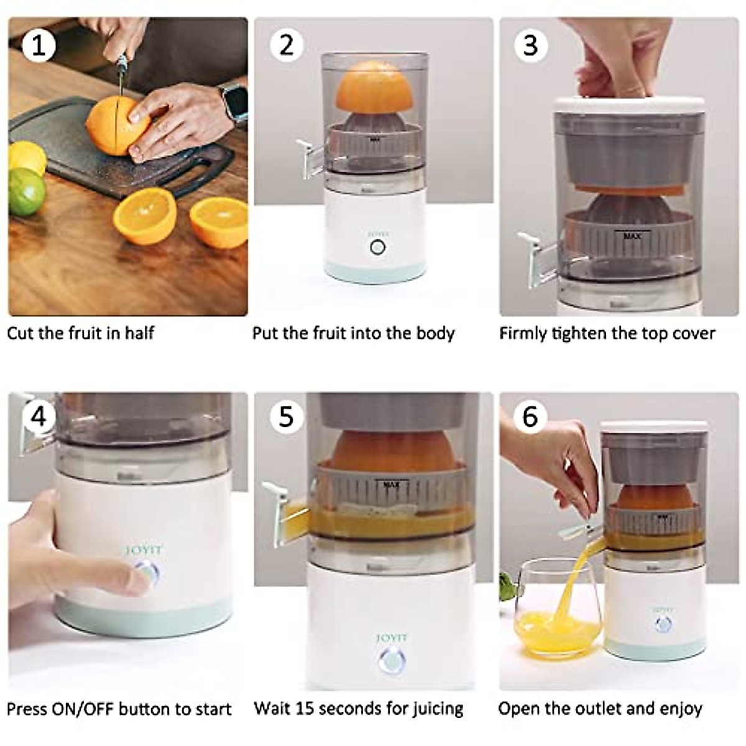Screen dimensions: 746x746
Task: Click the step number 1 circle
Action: [x=39, y=45]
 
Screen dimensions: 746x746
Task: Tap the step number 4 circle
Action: [x=39, y=416]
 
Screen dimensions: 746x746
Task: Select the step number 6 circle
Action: [x=530, y=416]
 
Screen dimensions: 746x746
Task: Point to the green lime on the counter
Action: [x=25, y=191]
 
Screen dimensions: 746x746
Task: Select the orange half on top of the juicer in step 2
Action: [x=375, y=86]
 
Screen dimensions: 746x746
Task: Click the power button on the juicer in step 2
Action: [x=377, y=247]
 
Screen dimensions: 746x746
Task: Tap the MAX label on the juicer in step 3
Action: [x=632, y=236]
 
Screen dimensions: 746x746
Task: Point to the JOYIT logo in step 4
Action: [x=144, y=550]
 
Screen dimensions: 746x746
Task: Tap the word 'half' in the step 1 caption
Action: [x=139, y=333]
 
